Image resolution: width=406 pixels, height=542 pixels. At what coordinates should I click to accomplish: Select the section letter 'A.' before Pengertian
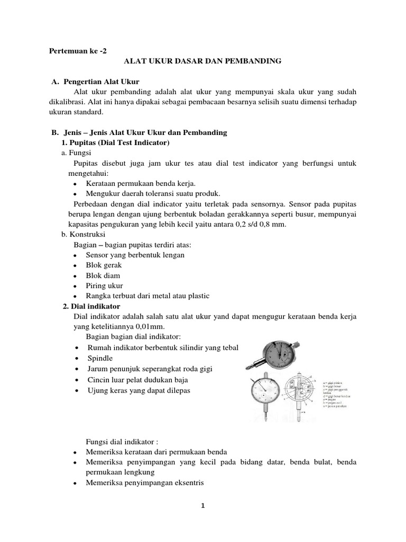54,82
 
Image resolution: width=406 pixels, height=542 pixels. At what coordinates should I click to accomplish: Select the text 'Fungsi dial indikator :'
122,441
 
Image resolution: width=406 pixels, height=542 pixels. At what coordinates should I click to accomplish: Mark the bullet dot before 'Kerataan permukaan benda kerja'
77,183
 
